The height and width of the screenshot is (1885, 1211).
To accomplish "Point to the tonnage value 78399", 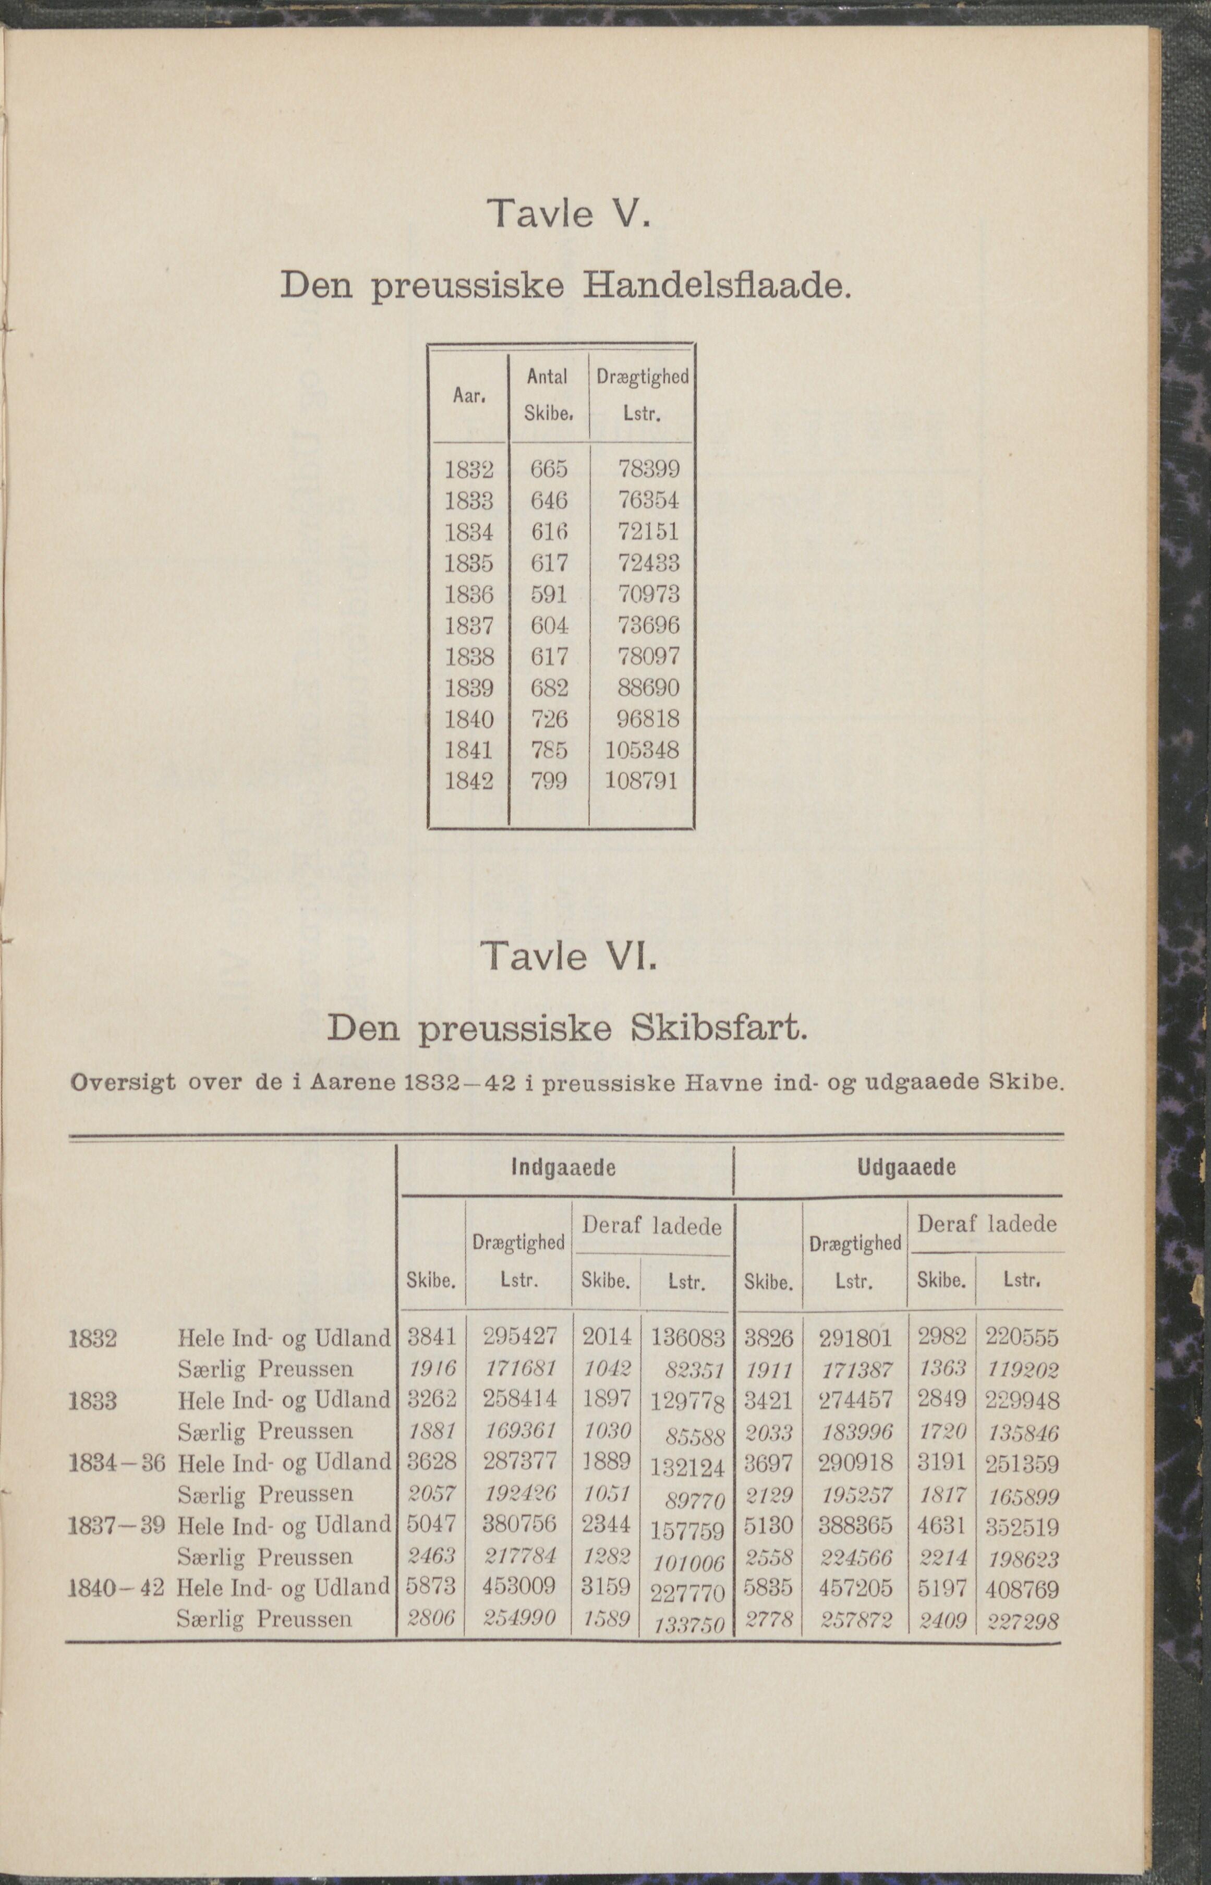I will (x=649, y=469).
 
